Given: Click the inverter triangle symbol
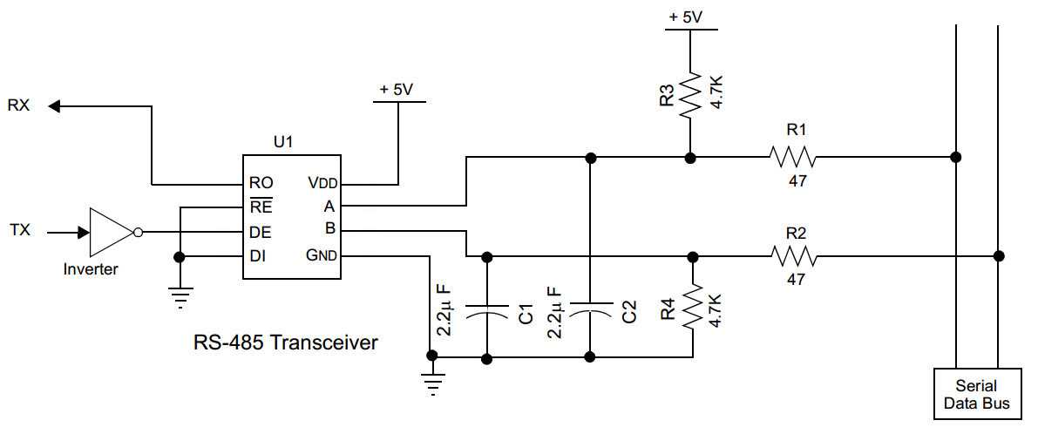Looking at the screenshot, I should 110,233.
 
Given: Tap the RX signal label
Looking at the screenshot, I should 19,106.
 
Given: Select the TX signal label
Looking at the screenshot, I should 19,231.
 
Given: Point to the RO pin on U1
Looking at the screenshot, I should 261,184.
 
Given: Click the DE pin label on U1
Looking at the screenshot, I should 260,233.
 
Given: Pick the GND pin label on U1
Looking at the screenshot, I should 322,256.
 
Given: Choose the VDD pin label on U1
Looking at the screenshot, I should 322,184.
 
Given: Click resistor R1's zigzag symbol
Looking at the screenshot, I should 792,158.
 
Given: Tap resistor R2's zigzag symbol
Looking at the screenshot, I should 792,256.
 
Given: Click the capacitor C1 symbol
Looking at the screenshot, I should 486,310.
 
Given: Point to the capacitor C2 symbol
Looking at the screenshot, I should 590,310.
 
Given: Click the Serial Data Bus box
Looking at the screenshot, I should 976,394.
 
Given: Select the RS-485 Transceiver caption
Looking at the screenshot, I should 285,342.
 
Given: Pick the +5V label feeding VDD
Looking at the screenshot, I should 398,90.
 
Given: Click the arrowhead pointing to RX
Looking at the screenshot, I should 54,106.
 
